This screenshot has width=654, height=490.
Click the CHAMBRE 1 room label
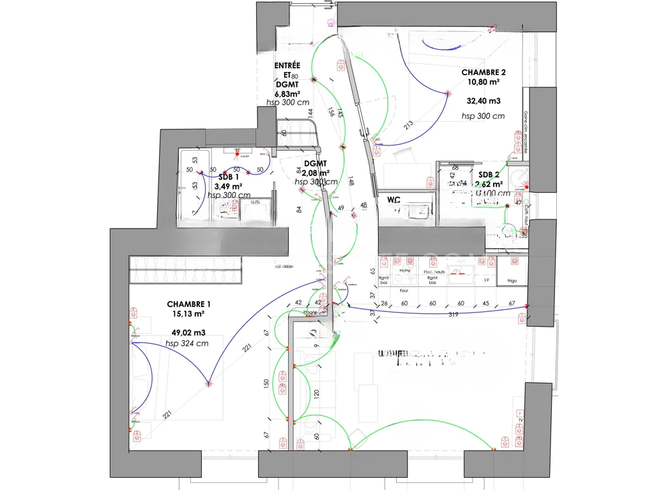[x=188, y=304]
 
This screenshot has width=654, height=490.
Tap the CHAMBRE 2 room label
[x=483, y=73]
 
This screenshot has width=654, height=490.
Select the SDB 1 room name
[x=229, y=177]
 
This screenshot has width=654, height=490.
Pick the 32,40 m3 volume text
[x=483, y=101]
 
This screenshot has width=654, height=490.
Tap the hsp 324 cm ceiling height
[x=186, y=343]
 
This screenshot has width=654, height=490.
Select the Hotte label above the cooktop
[x=404, y=271]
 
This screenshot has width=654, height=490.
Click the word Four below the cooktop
[x=404, y=290]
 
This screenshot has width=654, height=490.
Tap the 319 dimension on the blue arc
[x=454, y=314]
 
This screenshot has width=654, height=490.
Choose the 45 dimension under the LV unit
[x=485, y=303]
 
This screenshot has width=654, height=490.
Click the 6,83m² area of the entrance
[x=287, y=93]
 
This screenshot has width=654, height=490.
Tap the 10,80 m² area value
[x=483, y=82]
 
